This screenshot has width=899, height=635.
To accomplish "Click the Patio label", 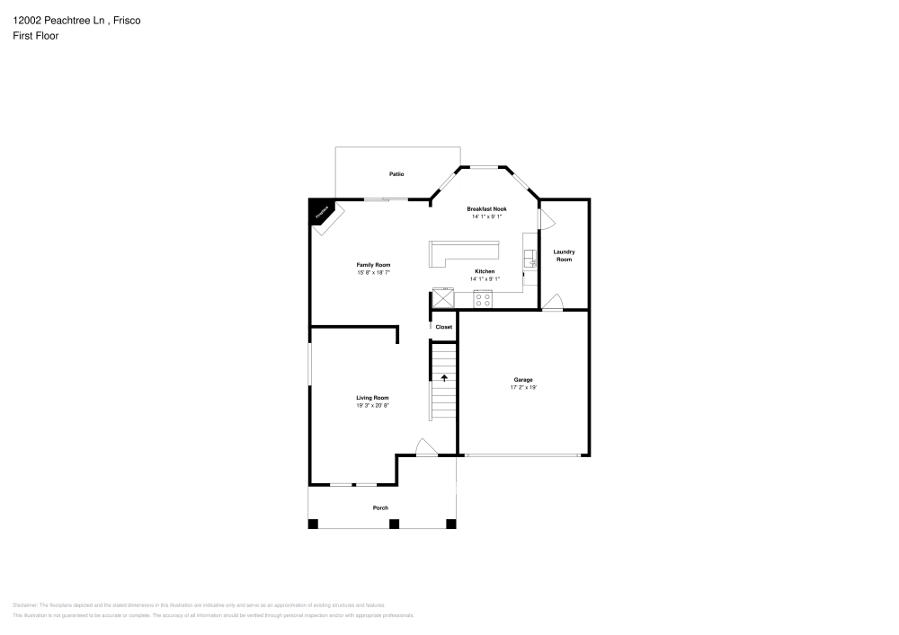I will (396, 173).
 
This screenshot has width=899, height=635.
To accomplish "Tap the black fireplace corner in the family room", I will (319, 209).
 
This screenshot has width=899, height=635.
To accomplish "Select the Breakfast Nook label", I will (486, 208).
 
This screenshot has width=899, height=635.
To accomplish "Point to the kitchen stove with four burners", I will (484, 300).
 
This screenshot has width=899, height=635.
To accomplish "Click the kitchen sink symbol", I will (530, 260).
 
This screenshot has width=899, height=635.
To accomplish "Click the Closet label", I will (444, 327).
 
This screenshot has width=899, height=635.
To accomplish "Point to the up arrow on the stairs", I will (443, 378).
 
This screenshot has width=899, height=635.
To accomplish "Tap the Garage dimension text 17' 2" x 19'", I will (523, 388).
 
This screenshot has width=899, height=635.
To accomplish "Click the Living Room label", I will (372, 397).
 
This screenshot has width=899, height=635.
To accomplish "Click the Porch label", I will (381, 508).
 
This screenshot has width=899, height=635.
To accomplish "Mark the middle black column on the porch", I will (394, 524).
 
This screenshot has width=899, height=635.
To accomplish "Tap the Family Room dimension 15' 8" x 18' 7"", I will (373, 273).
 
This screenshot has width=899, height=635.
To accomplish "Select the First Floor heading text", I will (36, 36).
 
